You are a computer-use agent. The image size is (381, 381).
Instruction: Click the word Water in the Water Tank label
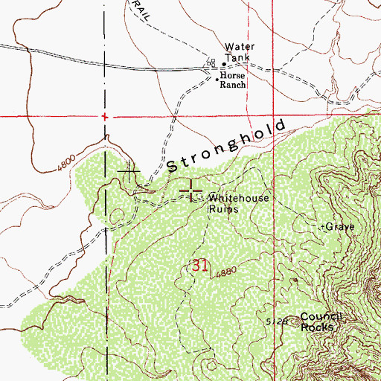click(x=239, y=47)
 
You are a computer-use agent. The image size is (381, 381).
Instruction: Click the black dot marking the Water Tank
click(x=223, y=64)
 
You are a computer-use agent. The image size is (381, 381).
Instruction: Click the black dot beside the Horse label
click(x=217, y=78)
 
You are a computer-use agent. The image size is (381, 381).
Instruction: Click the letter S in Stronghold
click(x=173, y=165)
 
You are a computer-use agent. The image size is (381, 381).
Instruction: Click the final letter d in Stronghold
click(x=281, y=124)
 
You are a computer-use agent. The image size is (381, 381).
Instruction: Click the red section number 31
click(x=199, y=266)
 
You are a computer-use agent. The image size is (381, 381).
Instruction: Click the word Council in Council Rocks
click(x=321, y=316)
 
